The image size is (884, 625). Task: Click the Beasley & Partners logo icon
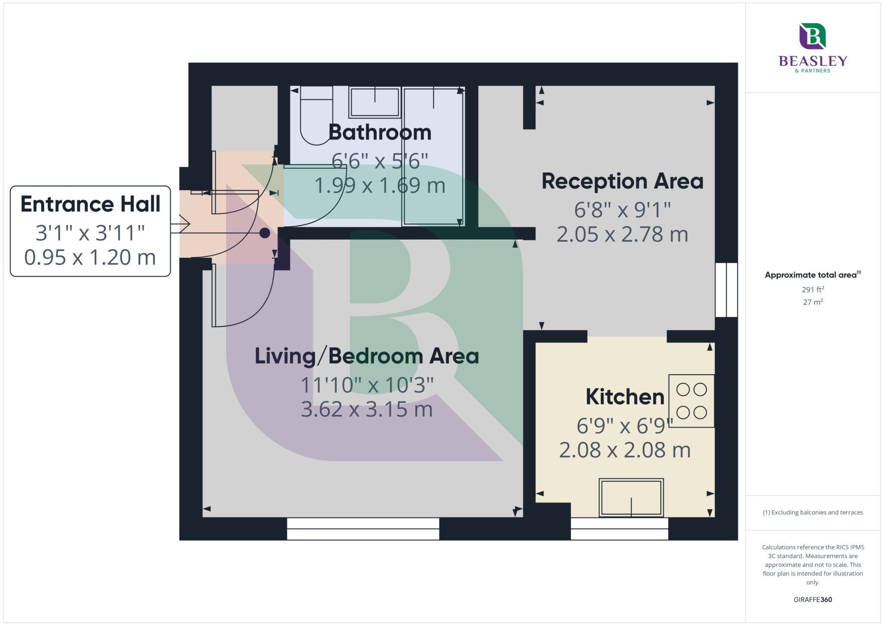pyautogui.click(x=812, y=36)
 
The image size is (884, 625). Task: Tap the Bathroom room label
pyautogui.click(x=379, y=133)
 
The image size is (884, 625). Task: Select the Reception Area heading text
pyautogui.click(x=622, y=181)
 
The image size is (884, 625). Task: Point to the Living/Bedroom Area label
pyautogui.click(x=366, y=357)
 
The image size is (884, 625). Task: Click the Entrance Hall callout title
pyautogui.click(x=90, y=205)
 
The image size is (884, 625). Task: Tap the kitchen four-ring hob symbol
pyautogui.click(x=691, y=401)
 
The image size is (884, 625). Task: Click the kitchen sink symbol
pyautogui.click(x=631, y=498)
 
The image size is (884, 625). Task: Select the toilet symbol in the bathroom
pyautogui.click(x=316, y=114)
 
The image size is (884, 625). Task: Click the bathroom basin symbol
pyautogui.click(x=374, y=102)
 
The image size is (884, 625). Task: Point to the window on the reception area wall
pyautogui.click(x=726, y=290)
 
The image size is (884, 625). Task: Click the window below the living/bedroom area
pyautogui.click(x=363, y=529)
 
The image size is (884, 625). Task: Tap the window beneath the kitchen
pyautogui.click(x=619, y=529)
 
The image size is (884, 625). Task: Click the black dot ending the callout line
pyautogui.click(x=265, y=233)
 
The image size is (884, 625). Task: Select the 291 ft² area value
pyautogui.click(x=813, y=290)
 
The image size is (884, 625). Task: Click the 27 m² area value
pyautogui.click(x=813, y=302)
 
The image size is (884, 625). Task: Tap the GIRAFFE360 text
pyautogui.click(x=813, y=600)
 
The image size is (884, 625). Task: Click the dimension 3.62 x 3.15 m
pyautogui.click(x=366, y=410)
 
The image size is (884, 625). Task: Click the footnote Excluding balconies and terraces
pyautogui.click(x=813, y=513)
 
